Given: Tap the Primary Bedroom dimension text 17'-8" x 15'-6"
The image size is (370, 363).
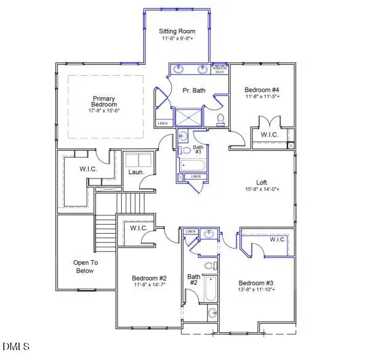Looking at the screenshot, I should (104, 111).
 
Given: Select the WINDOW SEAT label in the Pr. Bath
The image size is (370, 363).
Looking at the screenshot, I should (220, 69).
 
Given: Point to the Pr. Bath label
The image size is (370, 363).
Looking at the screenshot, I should (194, 90).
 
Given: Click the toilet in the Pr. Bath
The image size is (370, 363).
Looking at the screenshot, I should (220, 118).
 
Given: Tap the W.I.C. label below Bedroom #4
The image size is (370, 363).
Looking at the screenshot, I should (269, 135).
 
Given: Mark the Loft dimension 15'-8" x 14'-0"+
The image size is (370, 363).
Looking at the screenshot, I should (261, 189).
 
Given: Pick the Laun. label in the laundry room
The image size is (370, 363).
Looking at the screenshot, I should (136, 172).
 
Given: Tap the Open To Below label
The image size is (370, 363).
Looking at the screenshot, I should (85, 266).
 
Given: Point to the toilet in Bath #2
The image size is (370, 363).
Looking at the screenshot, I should (209, 266).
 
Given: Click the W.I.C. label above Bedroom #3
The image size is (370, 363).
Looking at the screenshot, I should (278, 239).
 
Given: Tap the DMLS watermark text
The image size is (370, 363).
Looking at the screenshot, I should (15, 347).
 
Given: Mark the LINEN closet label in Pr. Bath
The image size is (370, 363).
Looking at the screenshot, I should (163, 123).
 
